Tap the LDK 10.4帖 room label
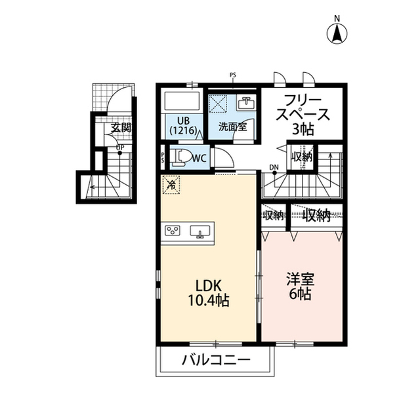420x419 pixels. tap(209, 293)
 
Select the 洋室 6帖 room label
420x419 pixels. tap(300, 286)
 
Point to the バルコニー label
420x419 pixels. tap(216, 360)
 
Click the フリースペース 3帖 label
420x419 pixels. tap(303, 115)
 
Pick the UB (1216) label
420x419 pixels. tap(184, 125)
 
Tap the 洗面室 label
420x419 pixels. tap(232, 127)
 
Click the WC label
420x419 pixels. tap(199, 159)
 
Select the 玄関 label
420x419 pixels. tap(121, 128)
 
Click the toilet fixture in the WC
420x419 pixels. tap(181, 157)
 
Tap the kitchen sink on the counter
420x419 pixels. tap(199, 231)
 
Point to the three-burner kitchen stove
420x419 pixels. tap(173, 231)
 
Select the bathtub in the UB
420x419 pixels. tap(182, 102)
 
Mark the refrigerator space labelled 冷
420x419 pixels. tap(171, 184)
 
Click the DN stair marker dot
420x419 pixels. tap(274, 173)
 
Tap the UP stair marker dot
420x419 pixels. tap(119, 153)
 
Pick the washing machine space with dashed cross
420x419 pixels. tap(218, 104)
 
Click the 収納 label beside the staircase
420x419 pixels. tap(302, 157)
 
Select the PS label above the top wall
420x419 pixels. tap(233, 75)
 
